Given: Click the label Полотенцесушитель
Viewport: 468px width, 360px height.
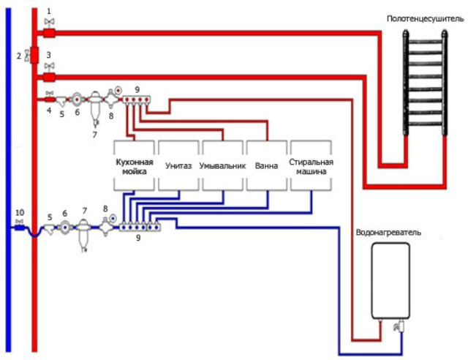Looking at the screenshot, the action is pos(426,19).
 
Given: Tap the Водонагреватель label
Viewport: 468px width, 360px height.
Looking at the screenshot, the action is pos(388,233).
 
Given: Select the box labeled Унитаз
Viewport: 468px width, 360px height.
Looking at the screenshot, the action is pos(178,165).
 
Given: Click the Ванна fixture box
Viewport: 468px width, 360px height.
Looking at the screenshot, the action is pos(266,165).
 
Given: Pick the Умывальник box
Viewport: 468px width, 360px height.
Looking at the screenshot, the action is pos(222,165).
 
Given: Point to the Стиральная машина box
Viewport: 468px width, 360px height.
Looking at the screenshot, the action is pos(311,165).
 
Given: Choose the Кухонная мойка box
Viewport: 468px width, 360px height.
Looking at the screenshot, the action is pos(135,165).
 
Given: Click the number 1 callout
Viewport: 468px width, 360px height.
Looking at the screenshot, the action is pos(49,12).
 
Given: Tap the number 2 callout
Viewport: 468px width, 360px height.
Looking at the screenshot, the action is pos(19,56).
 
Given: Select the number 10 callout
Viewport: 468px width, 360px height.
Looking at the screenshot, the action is pos(20,213).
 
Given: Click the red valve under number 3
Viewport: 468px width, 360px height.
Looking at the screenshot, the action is pos(49,78).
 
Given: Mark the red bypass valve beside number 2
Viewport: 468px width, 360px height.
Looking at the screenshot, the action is pos(34,55).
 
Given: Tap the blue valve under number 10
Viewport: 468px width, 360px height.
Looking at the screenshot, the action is pos(20,228).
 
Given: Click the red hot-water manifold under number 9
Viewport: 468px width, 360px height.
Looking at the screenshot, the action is pos(137,100).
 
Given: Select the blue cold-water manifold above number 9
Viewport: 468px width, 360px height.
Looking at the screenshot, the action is pos(140,227).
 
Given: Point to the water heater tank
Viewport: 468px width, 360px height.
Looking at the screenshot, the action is pos(390,281).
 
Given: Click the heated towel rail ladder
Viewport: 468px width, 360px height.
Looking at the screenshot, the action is pos(425,83).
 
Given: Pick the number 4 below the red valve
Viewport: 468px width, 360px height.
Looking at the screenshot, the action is pos(49,110).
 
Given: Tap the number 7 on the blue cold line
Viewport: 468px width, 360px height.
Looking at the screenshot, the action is pos(85,211).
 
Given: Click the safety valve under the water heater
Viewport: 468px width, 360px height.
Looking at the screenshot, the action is pos(399,326).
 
